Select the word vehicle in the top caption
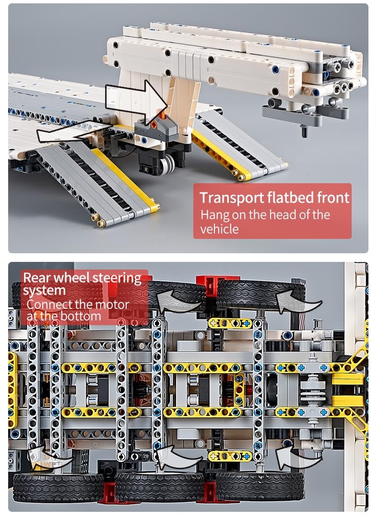tap(219, 229)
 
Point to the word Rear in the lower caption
tap(38, 278)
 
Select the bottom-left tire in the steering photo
tap(58, 486)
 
